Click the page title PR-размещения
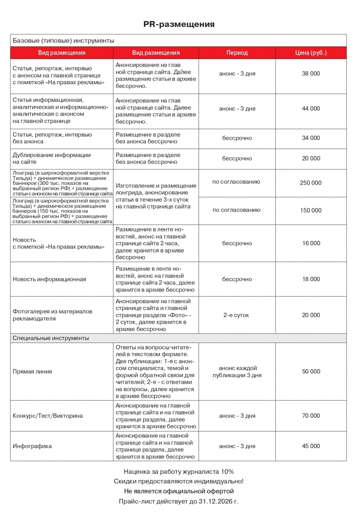[x=179, y=24]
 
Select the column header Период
[x=237, y=53]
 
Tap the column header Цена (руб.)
[x=311, y=53]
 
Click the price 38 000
[x=311, y=73]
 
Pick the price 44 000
[x=311, y=108]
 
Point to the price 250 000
[x=311, y=183]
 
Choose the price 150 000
[x=311, y=210]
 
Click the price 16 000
[x=311, y=243]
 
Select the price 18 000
[x=311, y=279]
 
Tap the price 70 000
[x=311, y=416]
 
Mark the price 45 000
[x=311, y=446]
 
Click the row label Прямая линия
[x=32, y=372]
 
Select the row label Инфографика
[x=32, y=446]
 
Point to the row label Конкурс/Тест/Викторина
[x=48, y=416]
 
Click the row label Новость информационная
[x=49, y=279]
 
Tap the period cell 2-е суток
[x=236, y=315]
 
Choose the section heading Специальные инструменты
[x=51, y=338]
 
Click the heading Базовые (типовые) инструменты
[x=63, y=41]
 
